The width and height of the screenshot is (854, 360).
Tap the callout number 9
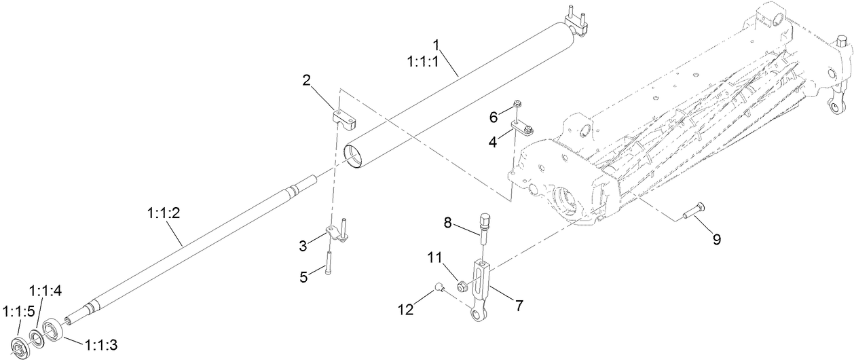point(716,239)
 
